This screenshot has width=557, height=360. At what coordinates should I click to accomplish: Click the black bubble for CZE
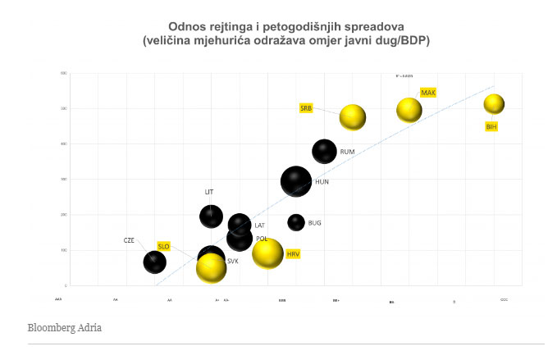coord(154,262)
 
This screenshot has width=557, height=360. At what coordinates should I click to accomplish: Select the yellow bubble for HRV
coord(267,253)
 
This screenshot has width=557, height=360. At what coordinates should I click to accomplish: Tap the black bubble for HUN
coord(296,181)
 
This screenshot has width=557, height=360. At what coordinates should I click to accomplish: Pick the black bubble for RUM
coord(325,151)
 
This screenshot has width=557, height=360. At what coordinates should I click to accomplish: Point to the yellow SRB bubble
coord(353,117)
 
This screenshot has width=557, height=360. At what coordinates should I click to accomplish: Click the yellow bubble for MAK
coord(409,109)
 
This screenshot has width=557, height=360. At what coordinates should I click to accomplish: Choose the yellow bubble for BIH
coord(494,103)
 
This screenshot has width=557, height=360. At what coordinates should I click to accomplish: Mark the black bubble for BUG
coord(296,221)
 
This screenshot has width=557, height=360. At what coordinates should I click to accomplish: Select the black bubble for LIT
coord(212,216)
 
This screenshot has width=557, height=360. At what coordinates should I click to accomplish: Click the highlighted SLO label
coord(163,245)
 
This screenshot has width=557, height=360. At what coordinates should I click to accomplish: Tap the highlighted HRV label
coord(293,255)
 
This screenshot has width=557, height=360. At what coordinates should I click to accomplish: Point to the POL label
coord(262,239)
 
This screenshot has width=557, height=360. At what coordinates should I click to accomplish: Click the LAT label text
coord(259,226)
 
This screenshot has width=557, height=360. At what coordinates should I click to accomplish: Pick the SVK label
coord(232,261)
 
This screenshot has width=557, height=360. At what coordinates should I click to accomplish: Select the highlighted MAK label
coord(427,93)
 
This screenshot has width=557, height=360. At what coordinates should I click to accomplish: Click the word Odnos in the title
coord(185,26)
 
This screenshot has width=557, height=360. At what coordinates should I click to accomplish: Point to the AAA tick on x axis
coord(58,300)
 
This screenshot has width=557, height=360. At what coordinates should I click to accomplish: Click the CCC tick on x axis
coord(504,300)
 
